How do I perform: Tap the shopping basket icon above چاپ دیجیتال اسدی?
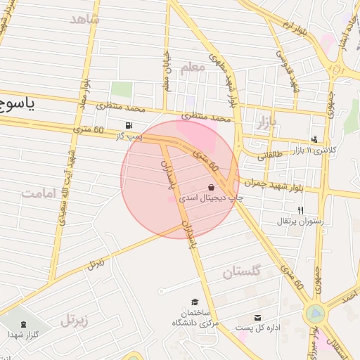point(212,188)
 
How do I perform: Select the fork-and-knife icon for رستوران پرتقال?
point(300,210)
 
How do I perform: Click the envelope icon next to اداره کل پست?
point(257,318)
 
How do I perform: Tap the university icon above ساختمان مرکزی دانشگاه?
point(194,301)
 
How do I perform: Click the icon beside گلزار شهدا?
point(25,324)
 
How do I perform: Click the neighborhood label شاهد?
point(85,19)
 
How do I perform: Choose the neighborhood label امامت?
point(38,193)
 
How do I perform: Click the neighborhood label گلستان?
point(242,272)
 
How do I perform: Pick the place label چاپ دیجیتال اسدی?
point(212,199)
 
